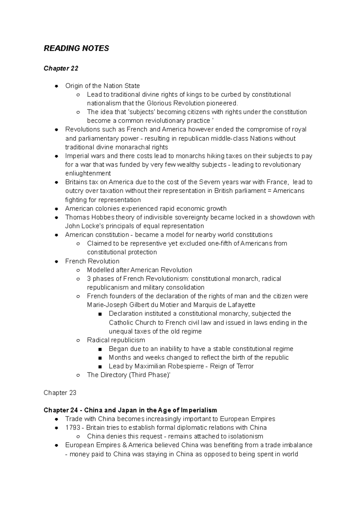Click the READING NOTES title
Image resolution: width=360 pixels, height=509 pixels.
pos(76,49)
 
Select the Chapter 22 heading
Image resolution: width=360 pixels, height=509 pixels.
pos(61,68)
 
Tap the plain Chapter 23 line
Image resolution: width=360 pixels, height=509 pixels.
pos(60,393)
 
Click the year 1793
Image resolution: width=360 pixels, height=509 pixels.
pos(72,427)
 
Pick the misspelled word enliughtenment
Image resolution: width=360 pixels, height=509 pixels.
pos(88,174)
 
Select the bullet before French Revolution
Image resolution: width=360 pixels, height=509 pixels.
pos(56,261)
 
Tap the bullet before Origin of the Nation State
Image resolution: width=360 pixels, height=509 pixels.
pos(56,86)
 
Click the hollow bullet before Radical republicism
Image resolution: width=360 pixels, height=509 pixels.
pos(78,340)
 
